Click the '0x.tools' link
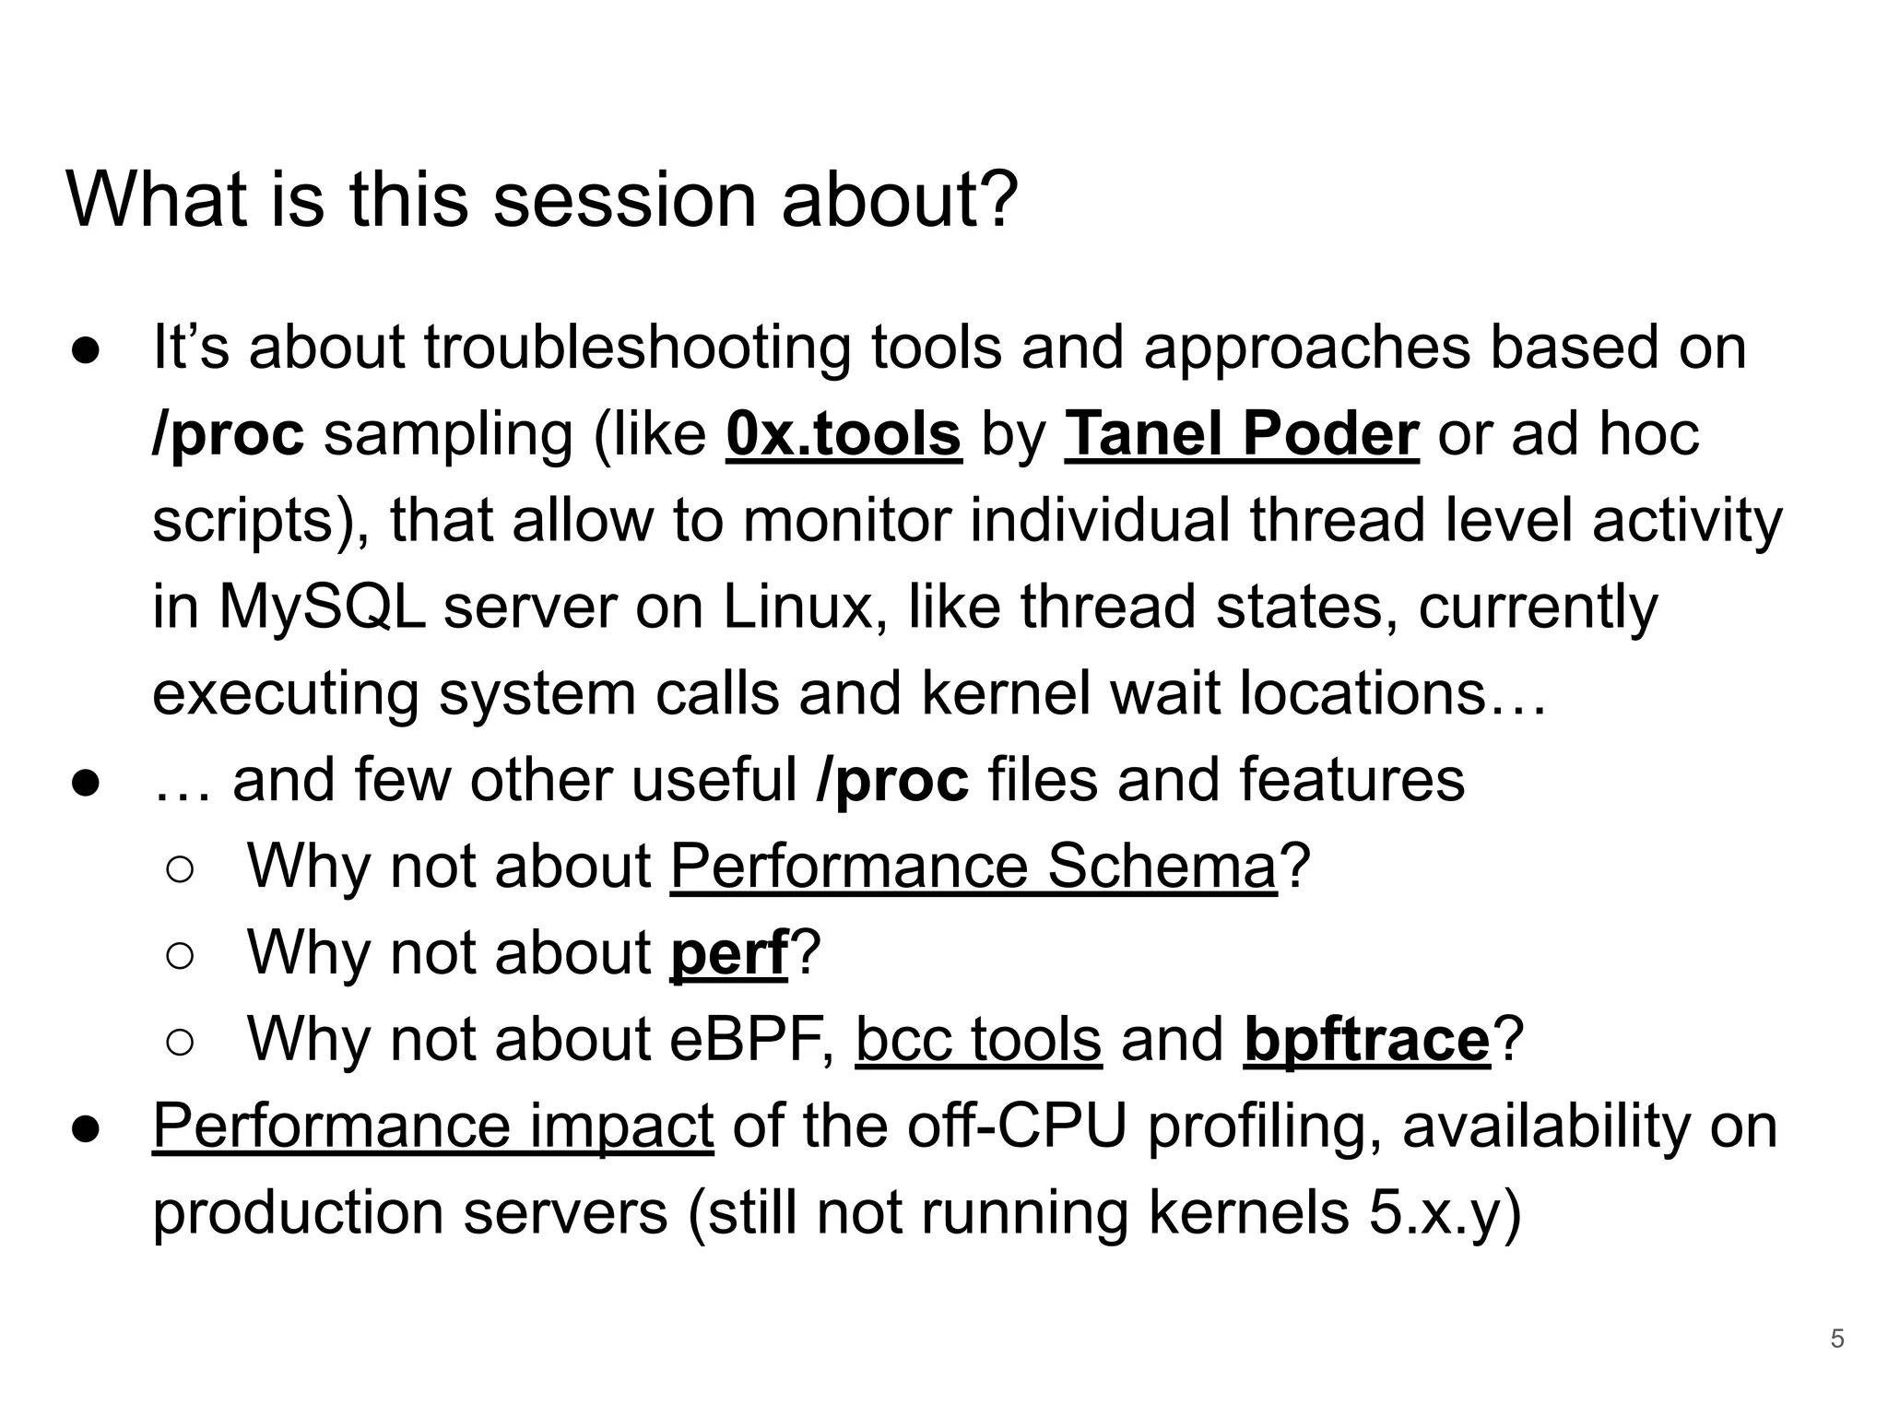844,434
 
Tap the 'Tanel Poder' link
1241,434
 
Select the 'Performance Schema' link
973,867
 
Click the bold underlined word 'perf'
728,952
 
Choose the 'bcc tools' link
978,1039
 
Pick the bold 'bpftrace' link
1366,1039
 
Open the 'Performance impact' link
432,1126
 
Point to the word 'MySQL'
322,608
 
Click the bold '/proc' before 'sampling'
228,434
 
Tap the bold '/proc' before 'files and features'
891,780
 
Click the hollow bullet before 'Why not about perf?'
181,956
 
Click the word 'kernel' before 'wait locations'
1005,693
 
